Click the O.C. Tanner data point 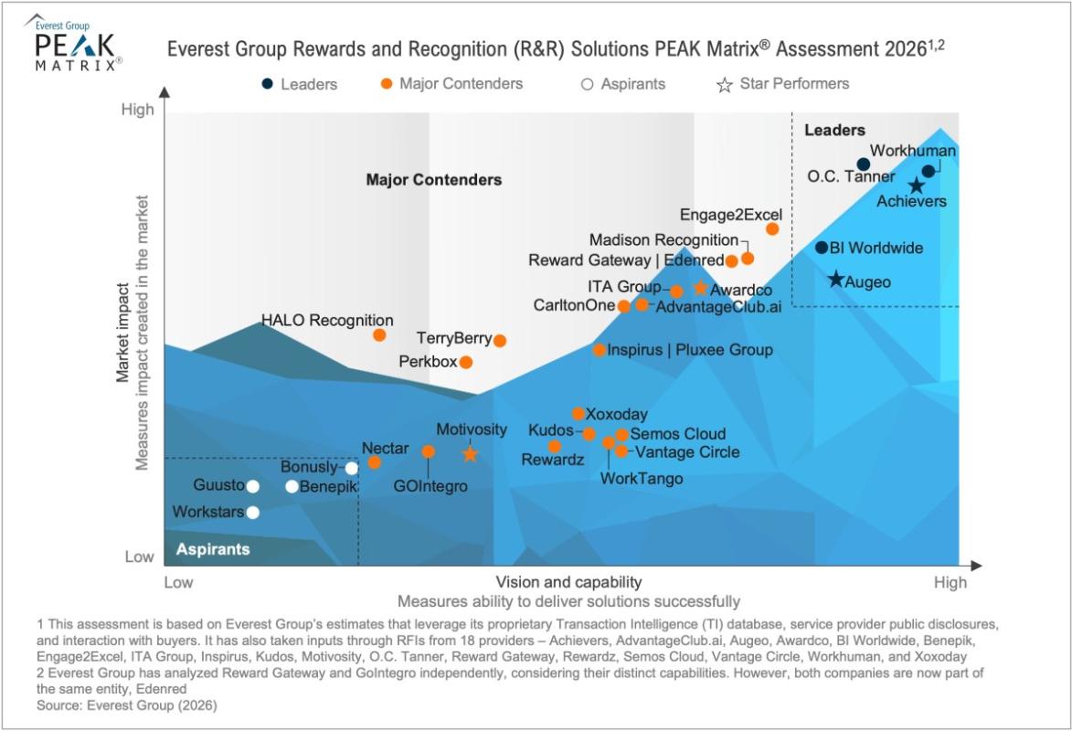(x=864, y=164)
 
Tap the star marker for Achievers (x=916, y=185)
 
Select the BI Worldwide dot (x=822, y=248)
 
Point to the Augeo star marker (x=836, y=279)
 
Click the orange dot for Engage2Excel (x=772, y=229)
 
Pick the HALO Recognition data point (x=379, y=335)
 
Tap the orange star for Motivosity (x=470, y=453)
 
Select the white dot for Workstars (x=252, y=513)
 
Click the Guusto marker (x=252, y=486)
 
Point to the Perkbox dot (x=465, y=362)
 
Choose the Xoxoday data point (x=578, y=414)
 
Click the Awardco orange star (x=700, y=288)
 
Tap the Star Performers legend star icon (x=724, y=85)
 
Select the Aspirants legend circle (x=587, y=84)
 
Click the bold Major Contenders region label (x=434, y=180)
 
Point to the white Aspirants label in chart (x=213, y=549)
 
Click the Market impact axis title (x=122, y=333)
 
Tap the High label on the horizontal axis (x=950, y=583)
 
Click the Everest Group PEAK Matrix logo (x=75, y=42)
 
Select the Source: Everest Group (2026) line (x=126, y=705)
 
